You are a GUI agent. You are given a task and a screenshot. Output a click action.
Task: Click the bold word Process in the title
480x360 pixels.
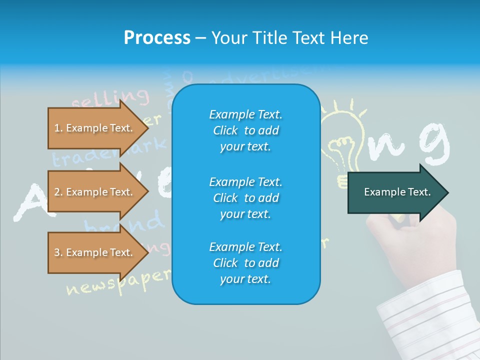[x=157, y=37]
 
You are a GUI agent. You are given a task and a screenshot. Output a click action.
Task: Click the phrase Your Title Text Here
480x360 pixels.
[x=289, y=37]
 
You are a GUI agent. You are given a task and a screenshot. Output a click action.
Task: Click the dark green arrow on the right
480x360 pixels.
[x=397, y=192]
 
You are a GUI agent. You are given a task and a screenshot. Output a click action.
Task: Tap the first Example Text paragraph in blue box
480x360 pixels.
[x=245, y=130]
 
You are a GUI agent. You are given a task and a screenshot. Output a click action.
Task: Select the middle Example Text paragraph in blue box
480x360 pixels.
[x=245, y=198]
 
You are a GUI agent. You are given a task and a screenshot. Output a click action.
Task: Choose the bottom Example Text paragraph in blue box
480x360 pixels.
[x=245, y=263]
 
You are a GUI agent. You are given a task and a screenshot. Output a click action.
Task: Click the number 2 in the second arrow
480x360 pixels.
[x=57, y=192]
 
